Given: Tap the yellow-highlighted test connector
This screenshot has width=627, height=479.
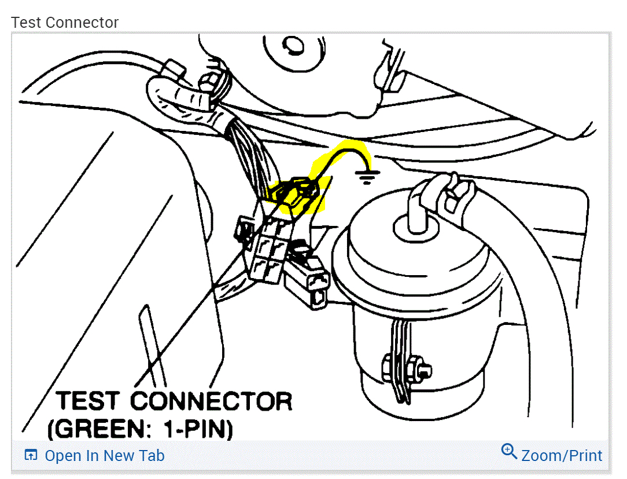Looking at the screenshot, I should point(297,195).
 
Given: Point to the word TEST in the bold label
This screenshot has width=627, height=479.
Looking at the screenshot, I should point(89,401).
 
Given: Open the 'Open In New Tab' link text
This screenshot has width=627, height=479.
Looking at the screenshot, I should point(104,456).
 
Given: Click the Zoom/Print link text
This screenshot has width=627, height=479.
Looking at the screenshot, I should point(562,456).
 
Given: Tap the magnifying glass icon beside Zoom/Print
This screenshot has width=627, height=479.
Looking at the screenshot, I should point(509,451).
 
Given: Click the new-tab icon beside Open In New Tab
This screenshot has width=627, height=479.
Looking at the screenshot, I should point(31,455).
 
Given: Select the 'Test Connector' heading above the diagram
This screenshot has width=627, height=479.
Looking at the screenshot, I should point(65,23).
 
